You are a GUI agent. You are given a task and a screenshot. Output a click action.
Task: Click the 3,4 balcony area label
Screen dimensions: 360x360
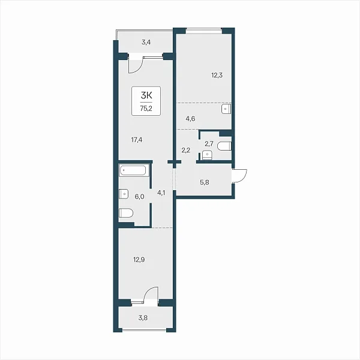pos(146,42)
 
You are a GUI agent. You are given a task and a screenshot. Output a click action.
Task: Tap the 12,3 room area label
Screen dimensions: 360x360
pos(217,76)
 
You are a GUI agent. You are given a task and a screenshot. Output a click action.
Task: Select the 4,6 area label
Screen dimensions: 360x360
pos(190,119)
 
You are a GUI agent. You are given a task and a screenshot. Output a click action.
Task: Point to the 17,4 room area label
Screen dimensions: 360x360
pos(137,140)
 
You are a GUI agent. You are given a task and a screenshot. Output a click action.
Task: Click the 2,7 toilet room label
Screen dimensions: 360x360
pos(209,144)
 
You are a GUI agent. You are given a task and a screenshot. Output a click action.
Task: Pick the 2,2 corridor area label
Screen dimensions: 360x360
pos(185,151)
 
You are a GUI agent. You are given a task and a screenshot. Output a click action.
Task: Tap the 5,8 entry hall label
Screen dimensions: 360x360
pos(205,182)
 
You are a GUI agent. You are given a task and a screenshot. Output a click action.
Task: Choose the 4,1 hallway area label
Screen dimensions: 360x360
pos(161,193)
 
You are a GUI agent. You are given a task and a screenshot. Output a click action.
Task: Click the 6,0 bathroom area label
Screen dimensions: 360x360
pos(139,197)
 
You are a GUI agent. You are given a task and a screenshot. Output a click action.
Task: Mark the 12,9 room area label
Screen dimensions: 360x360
pos(139,260)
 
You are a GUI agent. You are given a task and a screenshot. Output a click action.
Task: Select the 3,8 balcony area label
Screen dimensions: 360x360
pos(143,318)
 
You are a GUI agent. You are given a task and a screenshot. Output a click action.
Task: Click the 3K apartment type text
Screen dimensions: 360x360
pos(146,95)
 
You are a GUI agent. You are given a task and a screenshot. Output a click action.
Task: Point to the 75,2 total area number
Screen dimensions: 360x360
pos(146,109)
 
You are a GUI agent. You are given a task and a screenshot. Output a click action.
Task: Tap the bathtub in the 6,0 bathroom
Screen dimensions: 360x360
pos(133,170)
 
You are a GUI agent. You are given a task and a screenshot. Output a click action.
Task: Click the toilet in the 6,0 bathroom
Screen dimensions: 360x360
pos(126,213)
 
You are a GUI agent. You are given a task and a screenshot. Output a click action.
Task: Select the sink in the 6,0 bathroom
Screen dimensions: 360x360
pos(123,194)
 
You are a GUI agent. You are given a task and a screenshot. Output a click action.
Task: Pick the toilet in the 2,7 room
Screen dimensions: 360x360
pos(224,146)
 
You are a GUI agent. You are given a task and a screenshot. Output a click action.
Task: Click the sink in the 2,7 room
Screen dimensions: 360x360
pos(208,155)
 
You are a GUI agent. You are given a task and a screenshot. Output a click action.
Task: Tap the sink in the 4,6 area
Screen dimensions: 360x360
pos(226,109)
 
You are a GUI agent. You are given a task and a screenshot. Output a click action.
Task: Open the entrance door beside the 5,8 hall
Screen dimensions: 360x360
pos(240,176)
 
